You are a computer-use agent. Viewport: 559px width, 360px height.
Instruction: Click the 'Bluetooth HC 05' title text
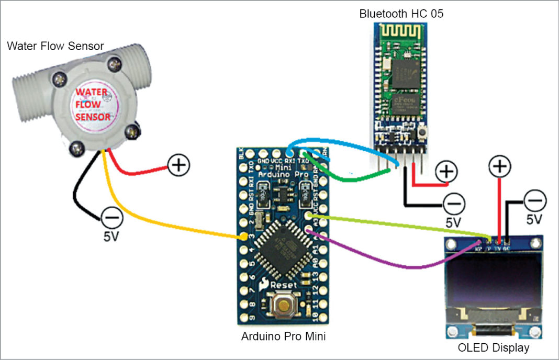(x=401, y=14)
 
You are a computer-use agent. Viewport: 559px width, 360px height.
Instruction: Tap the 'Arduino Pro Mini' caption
(x=283, y=336)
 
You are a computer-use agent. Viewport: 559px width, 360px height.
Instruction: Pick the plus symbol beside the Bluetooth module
(x=446, y=171)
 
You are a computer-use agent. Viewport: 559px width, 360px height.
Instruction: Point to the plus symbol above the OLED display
(x=500, y=167)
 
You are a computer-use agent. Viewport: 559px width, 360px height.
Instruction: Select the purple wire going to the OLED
(x=398, y=266)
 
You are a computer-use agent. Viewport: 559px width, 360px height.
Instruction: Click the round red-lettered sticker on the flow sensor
(x=93, y=104)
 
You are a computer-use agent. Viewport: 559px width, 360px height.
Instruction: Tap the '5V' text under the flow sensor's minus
(x=111, y=237)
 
